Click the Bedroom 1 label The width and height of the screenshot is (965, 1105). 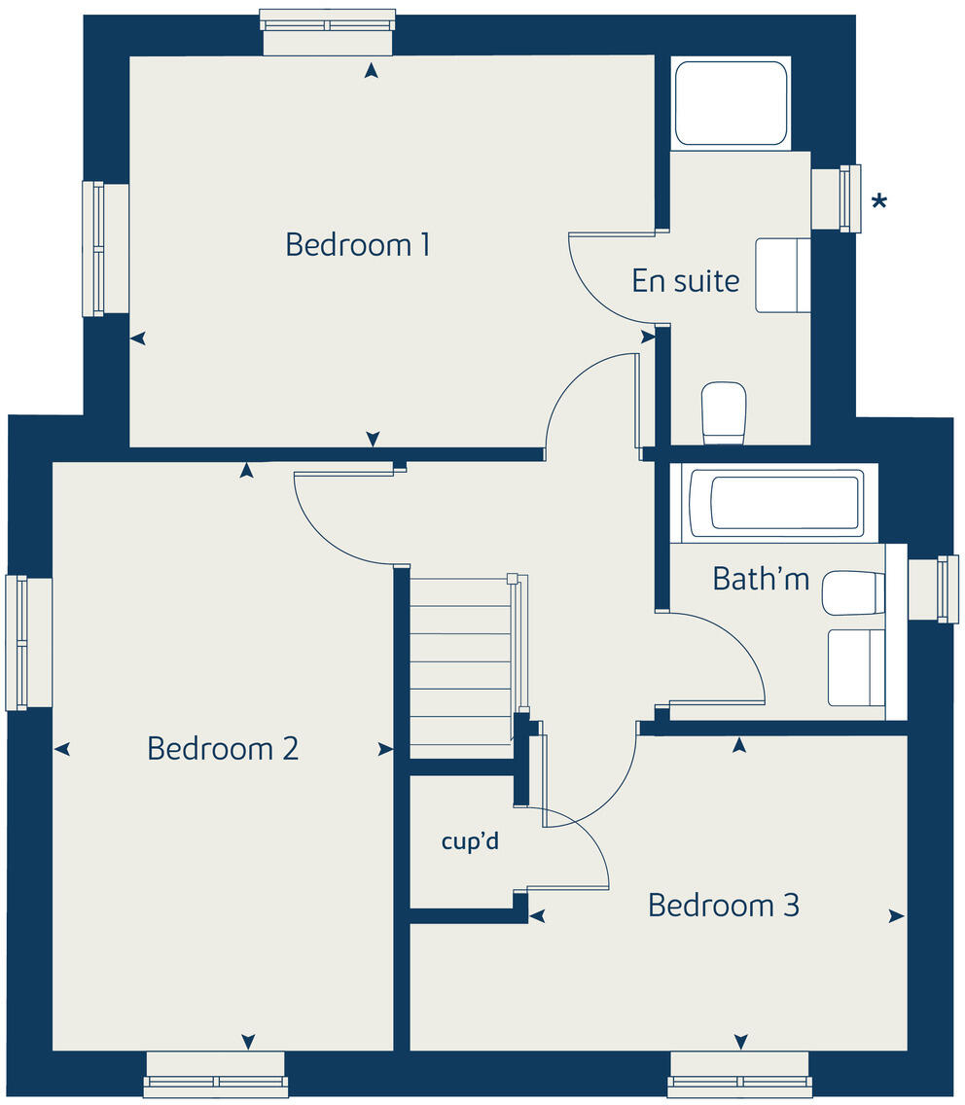tap(357, 244)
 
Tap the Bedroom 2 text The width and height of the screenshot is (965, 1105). tap(223, 748)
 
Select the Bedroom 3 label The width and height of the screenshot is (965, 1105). tap(723, 905)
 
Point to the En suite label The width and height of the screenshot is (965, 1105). tap(685, 281)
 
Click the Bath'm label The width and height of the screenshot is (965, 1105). tap(760, 579)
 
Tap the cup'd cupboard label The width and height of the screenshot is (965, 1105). tap(470, 841)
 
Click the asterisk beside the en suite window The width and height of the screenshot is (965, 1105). tap(878, 202)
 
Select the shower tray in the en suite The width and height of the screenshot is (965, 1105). tap(730, 103)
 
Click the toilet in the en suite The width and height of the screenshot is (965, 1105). tap(724, 411)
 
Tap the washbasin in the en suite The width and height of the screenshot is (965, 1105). tap(783, 274)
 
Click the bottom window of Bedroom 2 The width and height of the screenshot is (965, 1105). tap(216, 1081)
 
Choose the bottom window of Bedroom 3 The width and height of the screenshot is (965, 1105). tap(739, 1081)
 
